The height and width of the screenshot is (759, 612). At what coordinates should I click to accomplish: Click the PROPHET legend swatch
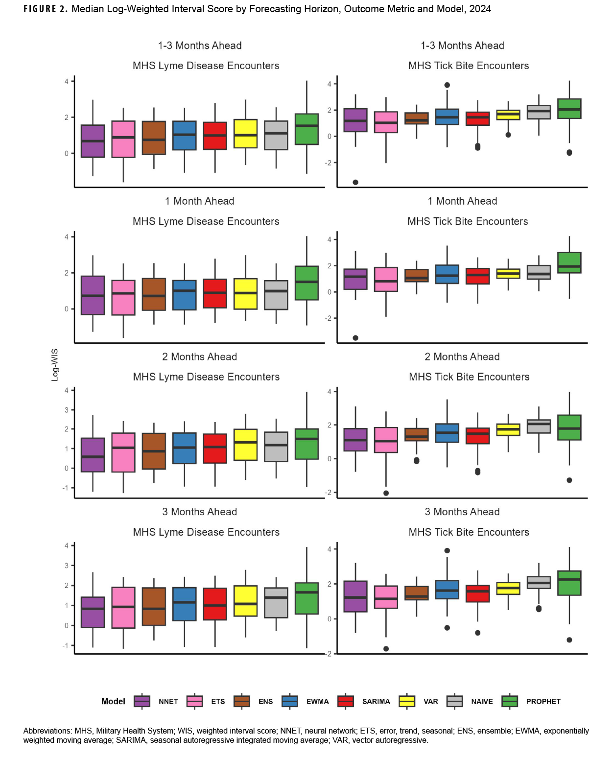[510, 701]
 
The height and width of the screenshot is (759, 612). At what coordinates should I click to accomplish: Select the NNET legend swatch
[142, 701]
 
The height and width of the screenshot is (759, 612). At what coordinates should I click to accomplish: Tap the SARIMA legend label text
[376, 702]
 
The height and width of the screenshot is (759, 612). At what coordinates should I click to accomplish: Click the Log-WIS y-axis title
[55, 365]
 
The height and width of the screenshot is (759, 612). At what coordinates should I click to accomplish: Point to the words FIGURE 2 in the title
[46, 9]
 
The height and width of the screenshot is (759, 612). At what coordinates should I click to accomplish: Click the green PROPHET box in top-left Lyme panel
[306, 129]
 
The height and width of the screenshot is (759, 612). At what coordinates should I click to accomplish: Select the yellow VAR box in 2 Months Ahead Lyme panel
[245, 445]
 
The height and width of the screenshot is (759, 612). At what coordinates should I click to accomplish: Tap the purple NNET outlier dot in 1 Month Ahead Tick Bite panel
[355, 338]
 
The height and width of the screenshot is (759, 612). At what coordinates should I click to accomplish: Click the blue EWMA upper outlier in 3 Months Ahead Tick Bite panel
[447, 550]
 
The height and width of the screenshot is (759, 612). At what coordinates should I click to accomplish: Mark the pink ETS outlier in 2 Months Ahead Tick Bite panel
[386, 493]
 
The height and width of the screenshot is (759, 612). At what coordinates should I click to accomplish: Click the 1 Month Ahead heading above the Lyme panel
[199, 201]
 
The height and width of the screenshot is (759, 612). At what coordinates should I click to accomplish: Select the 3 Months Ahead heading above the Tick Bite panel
[462, 512]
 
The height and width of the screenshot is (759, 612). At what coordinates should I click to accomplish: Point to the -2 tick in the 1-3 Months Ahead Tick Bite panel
[329, 163]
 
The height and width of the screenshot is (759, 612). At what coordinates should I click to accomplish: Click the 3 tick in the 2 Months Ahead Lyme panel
[67, 410]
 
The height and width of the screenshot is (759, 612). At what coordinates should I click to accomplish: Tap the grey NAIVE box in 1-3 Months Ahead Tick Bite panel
[539, 112]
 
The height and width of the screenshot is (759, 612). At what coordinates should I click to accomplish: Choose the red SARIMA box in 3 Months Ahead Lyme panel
[215, 604]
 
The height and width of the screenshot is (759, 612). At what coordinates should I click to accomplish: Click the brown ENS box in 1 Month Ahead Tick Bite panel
[417, 276]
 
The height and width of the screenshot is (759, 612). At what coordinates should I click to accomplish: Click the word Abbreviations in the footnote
[47, 731]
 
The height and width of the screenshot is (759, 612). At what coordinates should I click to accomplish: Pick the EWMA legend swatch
[290, 701]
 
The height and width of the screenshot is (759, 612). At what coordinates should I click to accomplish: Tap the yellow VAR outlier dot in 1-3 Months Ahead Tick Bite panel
[508, 135]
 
